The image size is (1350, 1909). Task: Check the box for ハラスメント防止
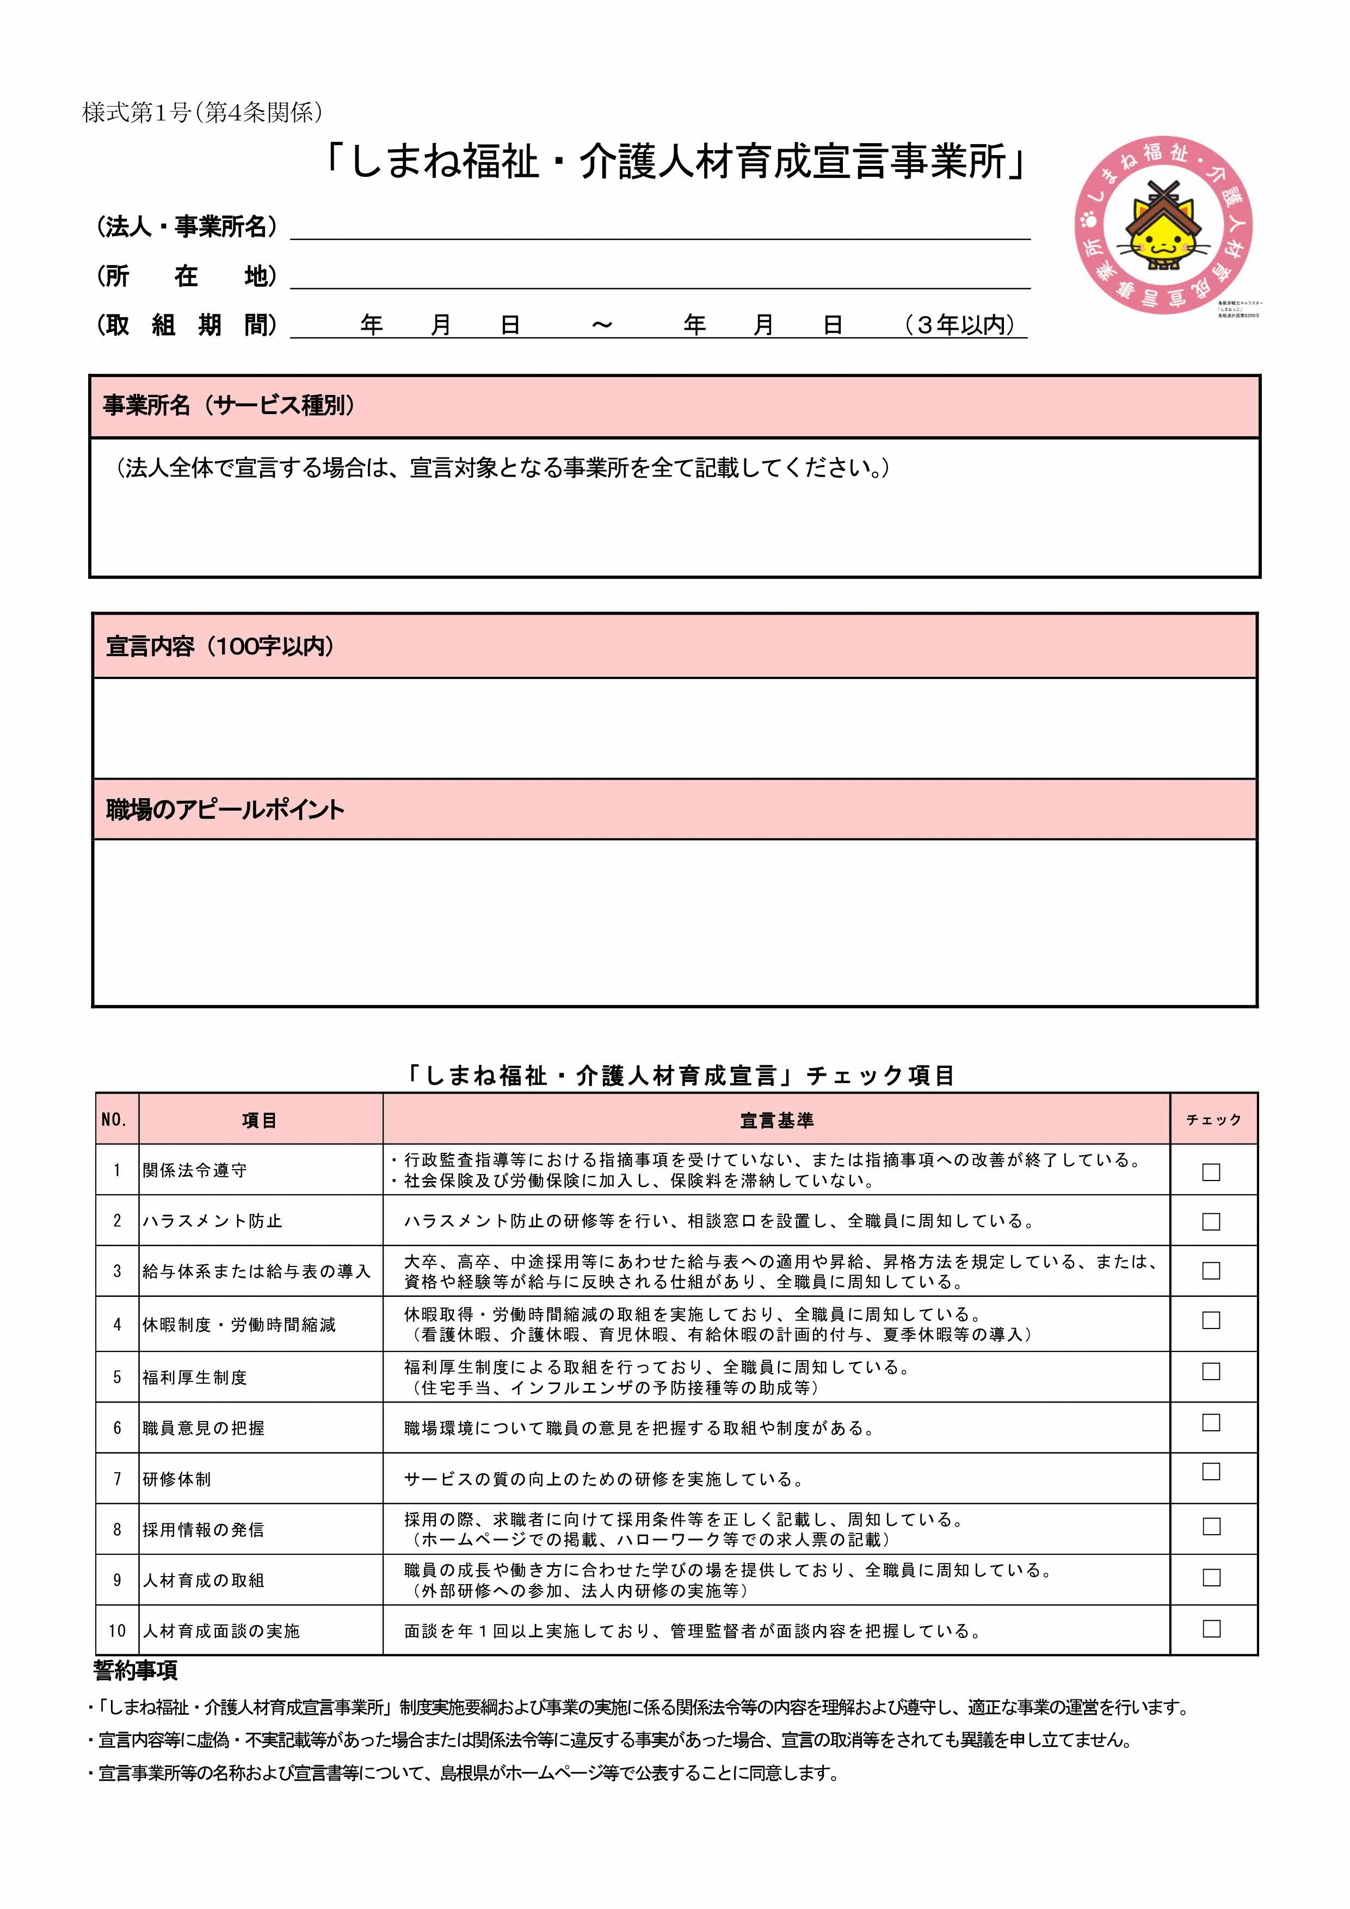(x=1211, y=1221)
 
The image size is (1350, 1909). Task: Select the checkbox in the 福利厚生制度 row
(x=1211, y=1371)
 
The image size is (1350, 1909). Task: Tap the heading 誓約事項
(x=135, y=1670)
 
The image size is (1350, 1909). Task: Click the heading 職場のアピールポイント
(x=225, y=810)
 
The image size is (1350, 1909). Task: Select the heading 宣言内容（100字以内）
(x=220, y=646)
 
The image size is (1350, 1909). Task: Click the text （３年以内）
(x=961, y=325)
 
